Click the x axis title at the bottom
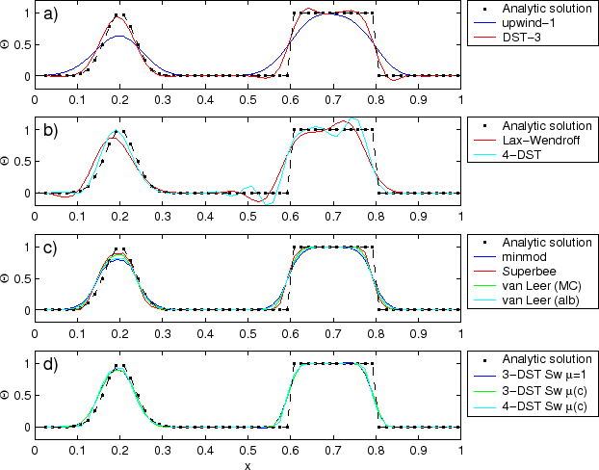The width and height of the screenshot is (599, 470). (247, 464)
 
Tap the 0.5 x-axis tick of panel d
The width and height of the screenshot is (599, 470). (247, 449)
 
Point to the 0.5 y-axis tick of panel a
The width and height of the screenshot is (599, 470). (21, 44)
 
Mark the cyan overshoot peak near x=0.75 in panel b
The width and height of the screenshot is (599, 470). (353, 119)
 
